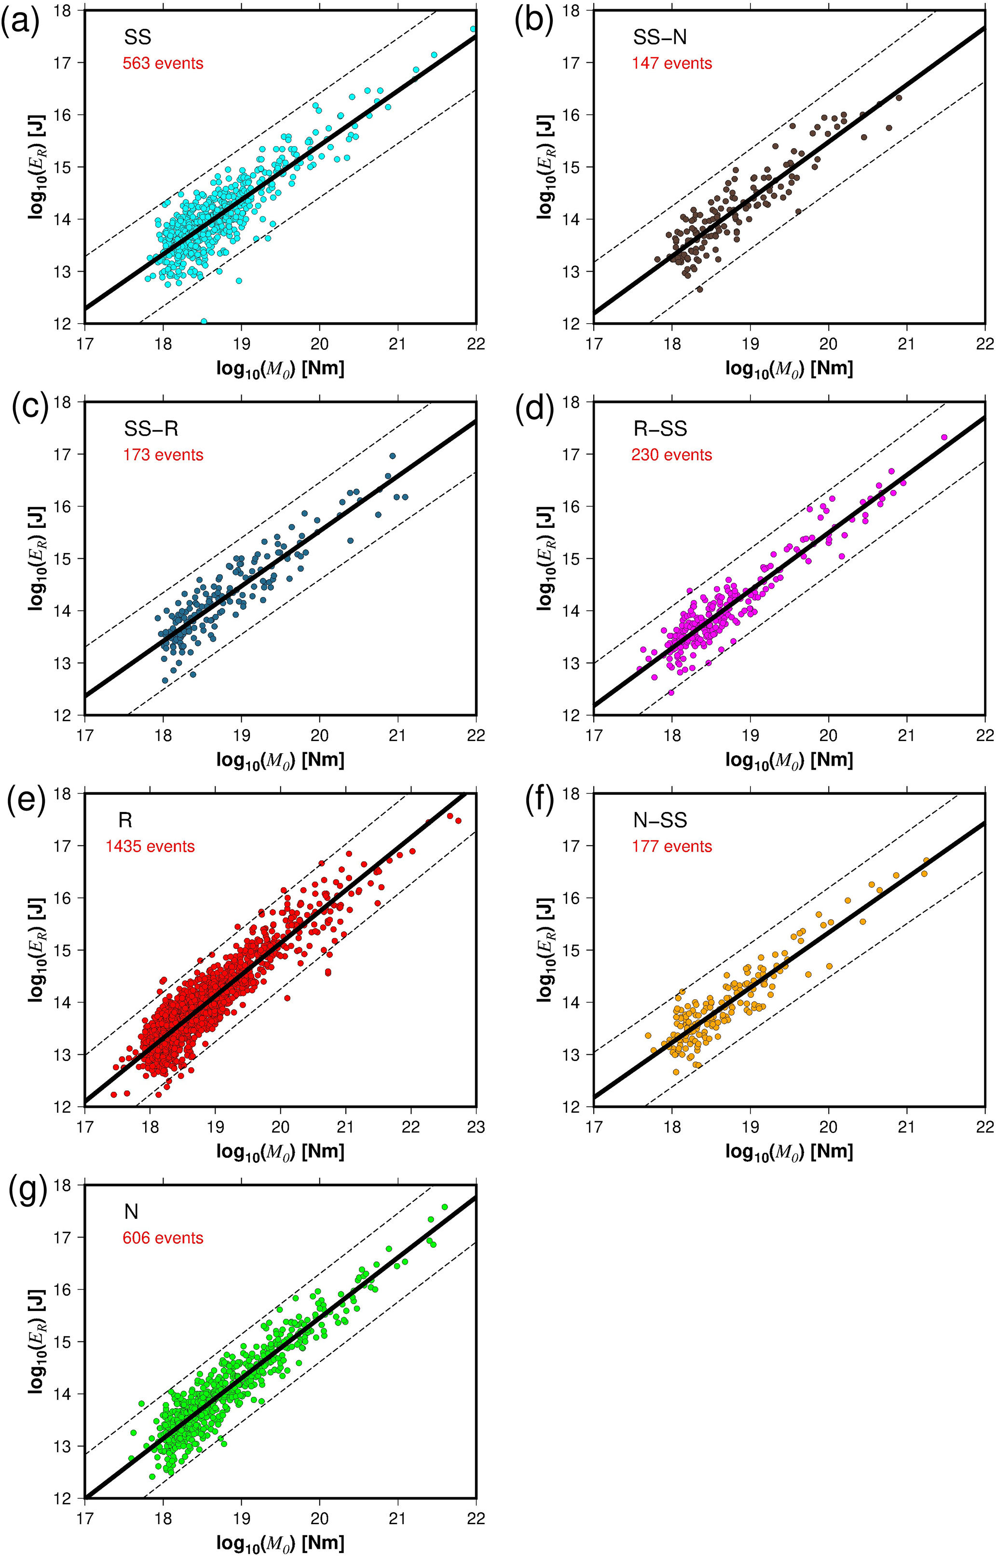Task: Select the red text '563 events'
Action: pos(163,63)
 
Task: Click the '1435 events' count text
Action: pos(150,846)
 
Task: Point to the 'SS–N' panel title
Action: pos(660,38)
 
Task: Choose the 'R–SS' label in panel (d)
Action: pos(660,428)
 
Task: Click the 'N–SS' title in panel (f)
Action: pos(660,820)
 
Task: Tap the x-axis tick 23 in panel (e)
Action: pos(476,1127)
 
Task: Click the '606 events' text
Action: pos(163,1238)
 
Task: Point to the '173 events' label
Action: pos(163,455)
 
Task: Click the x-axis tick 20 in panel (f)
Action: pos(828,1127)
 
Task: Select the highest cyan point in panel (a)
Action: pos(473,29)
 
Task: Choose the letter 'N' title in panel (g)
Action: pos(131,1211)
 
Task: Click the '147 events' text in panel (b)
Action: pos(672,63)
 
